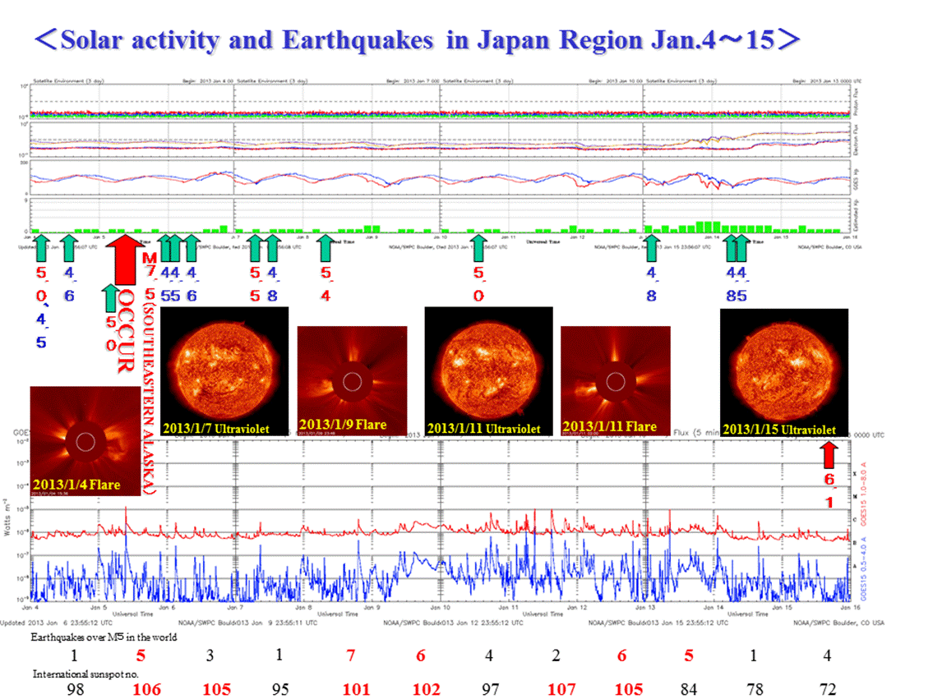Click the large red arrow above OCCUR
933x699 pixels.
(x=124, y=260)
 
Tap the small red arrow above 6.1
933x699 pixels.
(x=829, y=455)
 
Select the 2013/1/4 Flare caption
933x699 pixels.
(x=76, y=485)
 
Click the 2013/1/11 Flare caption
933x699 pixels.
(x=609, y=426)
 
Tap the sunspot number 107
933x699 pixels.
(x=561, y=688)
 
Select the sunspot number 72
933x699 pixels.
(x=827, y=688)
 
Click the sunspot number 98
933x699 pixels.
(x=75, y=688)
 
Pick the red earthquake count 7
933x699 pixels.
(x=350, y=656)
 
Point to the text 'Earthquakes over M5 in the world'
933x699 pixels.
(x=104, y=637)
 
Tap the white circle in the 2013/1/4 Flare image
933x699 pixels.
(x=85, y=442)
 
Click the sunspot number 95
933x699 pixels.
(x=280, y=688)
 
